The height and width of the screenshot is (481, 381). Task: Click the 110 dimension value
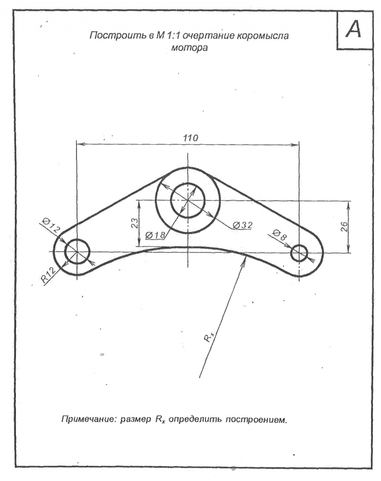pos(190,138)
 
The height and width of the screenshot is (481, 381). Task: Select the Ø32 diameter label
pos(242,225)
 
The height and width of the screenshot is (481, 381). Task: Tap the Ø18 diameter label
pos(155,235)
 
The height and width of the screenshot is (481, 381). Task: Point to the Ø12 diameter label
pos(51,225)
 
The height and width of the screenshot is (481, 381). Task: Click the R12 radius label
pos(49,274)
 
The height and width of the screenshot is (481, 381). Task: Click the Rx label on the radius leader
pos(209,337)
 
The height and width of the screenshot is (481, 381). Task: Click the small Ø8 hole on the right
pos(299,253)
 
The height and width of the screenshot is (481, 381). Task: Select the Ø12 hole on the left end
pos(77,251)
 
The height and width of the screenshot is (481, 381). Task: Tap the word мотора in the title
pos(189,48)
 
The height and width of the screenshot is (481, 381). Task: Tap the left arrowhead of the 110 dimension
pos(80,143)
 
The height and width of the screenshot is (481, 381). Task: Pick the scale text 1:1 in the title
pos(170,36)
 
